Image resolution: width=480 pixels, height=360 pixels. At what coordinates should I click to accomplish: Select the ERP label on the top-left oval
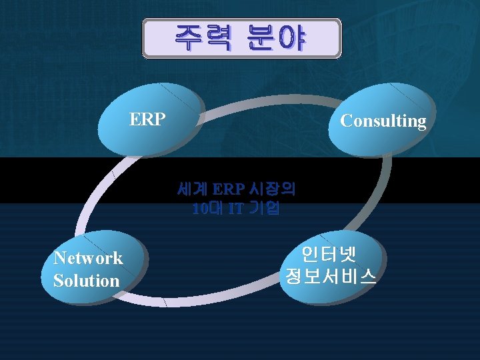tap(147, 119)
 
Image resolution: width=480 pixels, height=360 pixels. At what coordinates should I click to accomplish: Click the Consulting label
tap(383, 121)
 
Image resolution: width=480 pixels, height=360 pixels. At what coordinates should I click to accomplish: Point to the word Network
tap(88, 258)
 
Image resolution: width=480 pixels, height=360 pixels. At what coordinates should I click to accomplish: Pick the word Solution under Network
tap(86, 281)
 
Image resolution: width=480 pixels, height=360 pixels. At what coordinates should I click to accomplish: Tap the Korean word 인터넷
tap(330, 254)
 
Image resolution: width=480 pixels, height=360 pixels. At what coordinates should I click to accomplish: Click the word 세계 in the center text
tap(193, 189)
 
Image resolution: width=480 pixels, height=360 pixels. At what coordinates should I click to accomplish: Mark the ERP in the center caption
tap(229, 189)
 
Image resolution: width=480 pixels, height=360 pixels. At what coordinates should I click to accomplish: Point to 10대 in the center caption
tap(206, 209)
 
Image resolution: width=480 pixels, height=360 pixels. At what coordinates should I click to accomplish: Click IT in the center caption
tap(235, 209)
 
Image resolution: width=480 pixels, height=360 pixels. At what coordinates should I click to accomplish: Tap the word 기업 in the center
tap(264, 209)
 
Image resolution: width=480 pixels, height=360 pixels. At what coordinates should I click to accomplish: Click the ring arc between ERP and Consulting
tap(267, 100)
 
